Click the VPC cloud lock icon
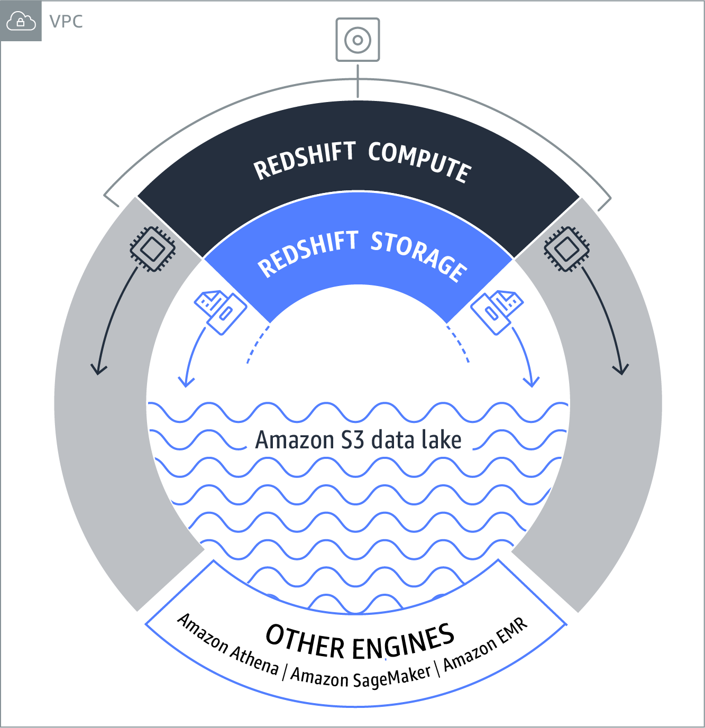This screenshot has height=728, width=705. (x=21, y=22)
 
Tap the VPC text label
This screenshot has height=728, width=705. (x=66, y=22)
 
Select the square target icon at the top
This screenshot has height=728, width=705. (x=358, y=40)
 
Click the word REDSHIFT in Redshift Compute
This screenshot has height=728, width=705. (x=305, y=160)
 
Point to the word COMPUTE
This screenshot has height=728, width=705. (x=419, y=162)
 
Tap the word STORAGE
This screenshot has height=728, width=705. (x=418, y=255)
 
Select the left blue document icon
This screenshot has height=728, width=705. (x=220, y=311)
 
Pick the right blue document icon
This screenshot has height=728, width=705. (x=497, y=311)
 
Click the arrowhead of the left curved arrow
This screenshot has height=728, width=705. (x=186, y=381)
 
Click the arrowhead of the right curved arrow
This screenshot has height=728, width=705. (x=532, y=381)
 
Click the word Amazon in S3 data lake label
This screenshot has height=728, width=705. (x=294, y=440)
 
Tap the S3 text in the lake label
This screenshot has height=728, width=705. (x=352, y=440)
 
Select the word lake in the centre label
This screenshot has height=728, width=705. (x=441, y=440)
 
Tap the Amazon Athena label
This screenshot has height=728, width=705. (x=228, y=645)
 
